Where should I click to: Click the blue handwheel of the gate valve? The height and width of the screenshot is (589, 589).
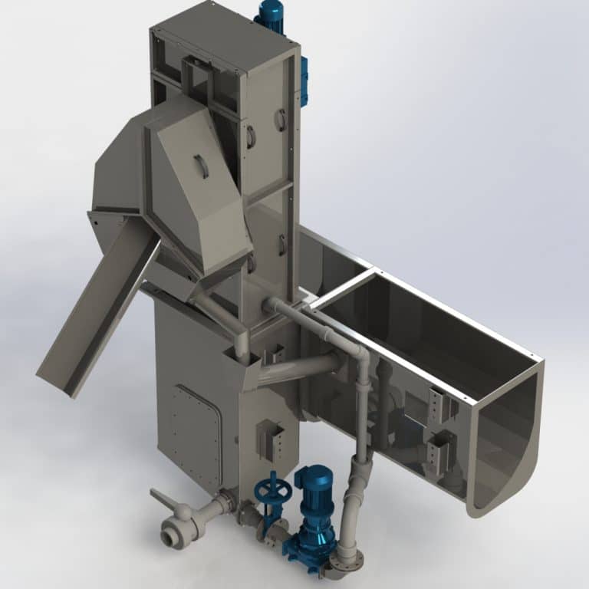(x=268, y=487)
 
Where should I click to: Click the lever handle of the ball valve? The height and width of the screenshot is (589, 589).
(x=163, y=501)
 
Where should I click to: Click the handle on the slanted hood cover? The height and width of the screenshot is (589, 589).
(x=201, y=166)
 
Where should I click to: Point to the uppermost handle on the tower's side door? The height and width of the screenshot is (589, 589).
(x=281, y=119)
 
